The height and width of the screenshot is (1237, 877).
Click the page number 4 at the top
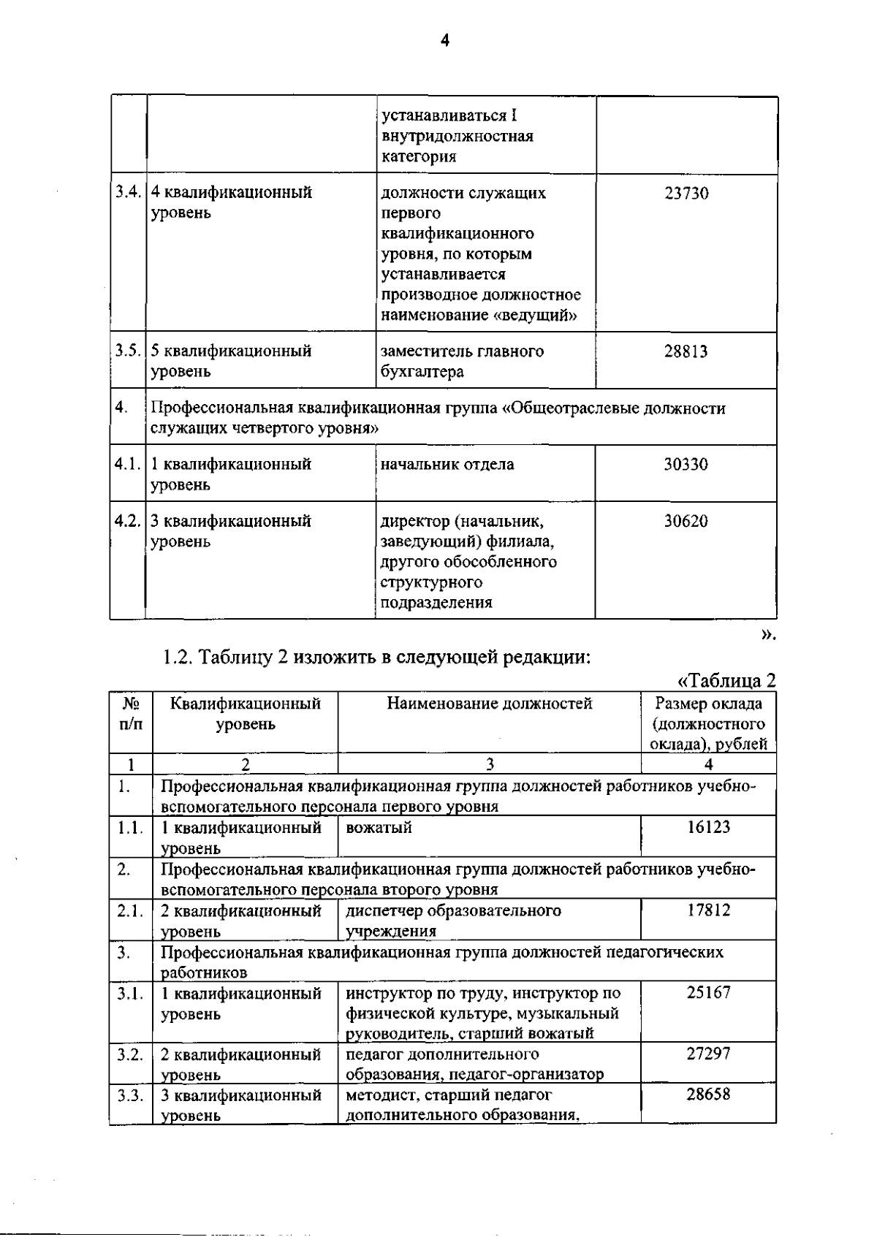point(444,41)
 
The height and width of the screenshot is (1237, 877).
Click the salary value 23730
point(686,194)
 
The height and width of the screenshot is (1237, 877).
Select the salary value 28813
point(686,351)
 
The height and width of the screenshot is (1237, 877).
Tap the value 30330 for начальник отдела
point(686,465)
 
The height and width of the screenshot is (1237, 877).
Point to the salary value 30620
point(686,522)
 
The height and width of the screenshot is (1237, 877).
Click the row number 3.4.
point(128,193)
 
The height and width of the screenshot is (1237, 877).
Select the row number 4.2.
point(128,522)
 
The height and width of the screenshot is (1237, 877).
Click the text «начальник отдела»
point(447,465)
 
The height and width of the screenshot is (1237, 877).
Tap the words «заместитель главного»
point(462,351)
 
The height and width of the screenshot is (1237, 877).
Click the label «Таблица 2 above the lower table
point(726,681)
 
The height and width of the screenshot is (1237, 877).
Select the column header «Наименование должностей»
point(489,704)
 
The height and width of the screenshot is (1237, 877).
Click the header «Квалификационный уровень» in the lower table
point(245,714)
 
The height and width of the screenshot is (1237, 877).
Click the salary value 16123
point(708,828)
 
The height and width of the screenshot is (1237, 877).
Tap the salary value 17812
point(708,910)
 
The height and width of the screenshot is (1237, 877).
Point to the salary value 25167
point(708,993)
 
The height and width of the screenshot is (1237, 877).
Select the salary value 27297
point(708,1054)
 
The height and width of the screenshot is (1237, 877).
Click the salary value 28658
point(708,1095)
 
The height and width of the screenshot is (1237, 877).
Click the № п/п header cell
point(131,714)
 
